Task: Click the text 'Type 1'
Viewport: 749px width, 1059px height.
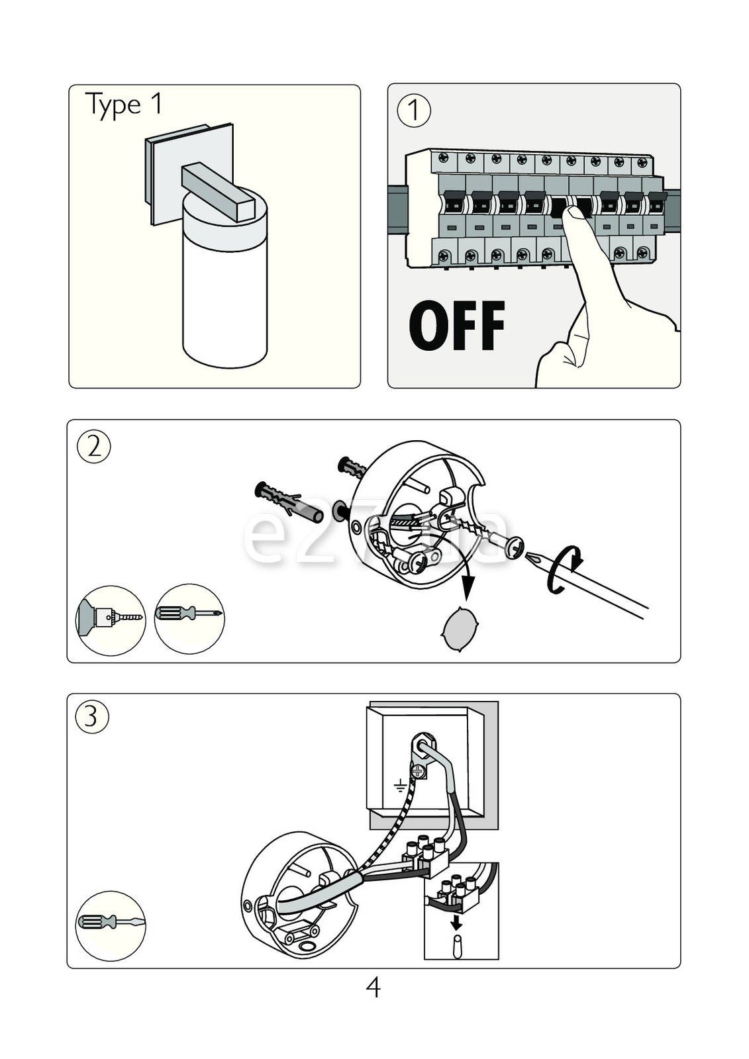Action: [x=123, y=105]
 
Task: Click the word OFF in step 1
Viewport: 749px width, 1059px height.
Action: [x=456, y=326]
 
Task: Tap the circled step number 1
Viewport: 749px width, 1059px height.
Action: [x=413, y=110]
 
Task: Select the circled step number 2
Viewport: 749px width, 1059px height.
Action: [x=94, y=447]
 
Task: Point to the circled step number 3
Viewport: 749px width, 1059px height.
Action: [x=92, y=717]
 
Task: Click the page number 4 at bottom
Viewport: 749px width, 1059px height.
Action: [x=373, y=988]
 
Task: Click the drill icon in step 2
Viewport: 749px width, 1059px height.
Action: [x=110, y=620]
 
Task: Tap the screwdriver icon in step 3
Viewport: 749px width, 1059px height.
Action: [x=111, y=925]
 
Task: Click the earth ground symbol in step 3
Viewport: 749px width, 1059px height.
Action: [x=400, y=786]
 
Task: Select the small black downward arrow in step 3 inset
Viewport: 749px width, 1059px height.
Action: [x=456, y=922]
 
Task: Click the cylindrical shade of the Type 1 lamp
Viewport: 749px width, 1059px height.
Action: [x=225, y=291]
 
